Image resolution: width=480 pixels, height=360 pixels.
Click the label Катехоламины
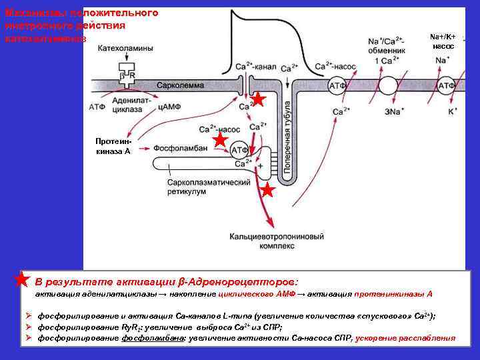click(125, 49)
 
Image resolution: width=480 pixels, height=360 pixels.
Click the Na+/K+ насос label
click(443, 41)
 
